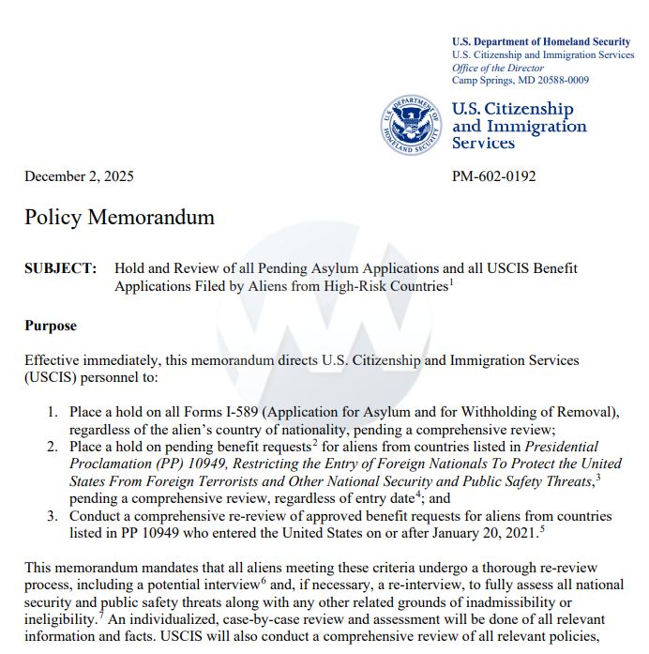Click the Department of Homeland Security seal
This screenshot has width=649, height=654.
pos(410,124)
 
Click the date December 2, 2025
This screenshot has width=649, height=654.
pos(79,176)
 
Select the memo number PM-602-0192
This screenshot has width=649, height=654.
pos(494,176)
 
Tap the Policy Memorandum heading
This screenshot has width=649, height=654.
pos(119,218)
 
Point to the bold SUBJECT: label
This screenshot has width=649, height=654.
pos(60,268)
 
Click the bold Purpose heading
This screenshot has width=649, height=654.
pos(51,326)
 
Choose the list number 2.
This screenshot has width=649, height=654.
pos(53,447)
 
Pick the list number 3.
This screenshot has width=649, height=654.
pos(53,516)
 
